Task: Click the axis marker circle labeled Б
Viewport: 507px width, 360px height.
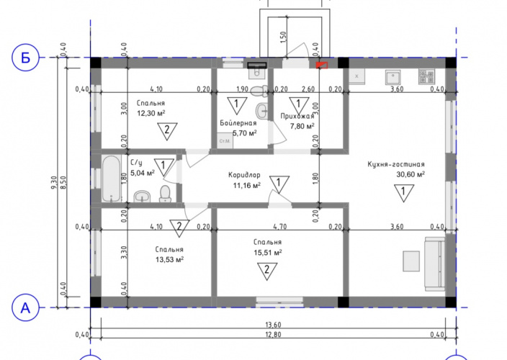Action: pyautogui.click(x=25, y=58)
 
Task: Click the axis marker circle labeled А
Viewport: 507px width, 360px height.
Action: pyautogui.click(x=25, y=307)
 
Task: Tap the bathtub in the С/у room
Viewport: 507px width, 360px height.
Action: pyautogui.click(x=112, y=179)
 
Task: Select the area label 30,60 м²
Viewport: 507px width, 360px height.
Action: pyautogui.click(x=410, y=174)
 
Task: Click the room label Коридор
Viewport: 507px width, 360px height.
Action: pyautogui.click(x=244, y=175)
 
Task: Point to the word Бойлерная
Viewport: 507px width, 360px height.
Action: pyautogui.click(x=238, y=123)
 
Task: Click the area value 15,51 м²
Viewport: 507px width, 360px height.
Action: pyautogui.click(x=268, y=253)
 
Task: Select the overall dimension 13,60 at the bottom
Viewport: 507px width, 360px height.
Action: pyautogui.click(x=273, y=325)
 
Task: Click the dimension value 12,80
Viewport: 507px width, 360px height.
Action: pyautogui.click(x=273, y=335)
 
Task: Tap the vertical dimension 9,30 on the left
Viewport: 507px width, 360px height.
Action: pyautogui.click(x=54, y=183)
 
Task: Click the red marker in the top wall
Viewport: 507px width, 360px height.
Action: pyautogui.click(x=322, y=65)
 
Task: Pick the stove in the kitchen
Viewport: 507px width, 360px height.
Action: pyautogui.click(x=426, y=76)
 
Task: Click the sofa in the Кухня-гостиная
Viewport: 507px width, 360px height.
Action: pyautogui.click(x=435, y=264)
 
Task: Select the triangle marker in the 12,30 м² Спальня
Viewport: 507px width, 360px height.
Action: pyautogui.click(x=167, y=130)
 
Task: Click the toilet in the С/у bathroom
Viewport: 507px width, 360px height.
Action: pyautogui.click(x=165, y=194)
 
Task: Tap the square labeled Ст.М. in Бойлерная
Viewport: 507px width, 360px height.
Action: pyautogui.click(x=225, y=141)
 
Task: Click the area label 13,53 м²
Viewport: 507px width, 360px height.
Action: pyautogui.click(x=170, y=260)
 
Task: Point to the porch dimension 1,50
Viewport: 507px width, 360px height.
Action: pyautogui.click(x=283, y=37)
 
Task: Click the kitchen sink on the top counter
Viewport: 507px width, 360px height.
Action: pyautogui.click(x=393, y=76)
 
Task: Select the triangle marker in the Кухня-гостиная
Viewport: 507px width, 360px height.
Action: pyautogui.click(x=403, y=192)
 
